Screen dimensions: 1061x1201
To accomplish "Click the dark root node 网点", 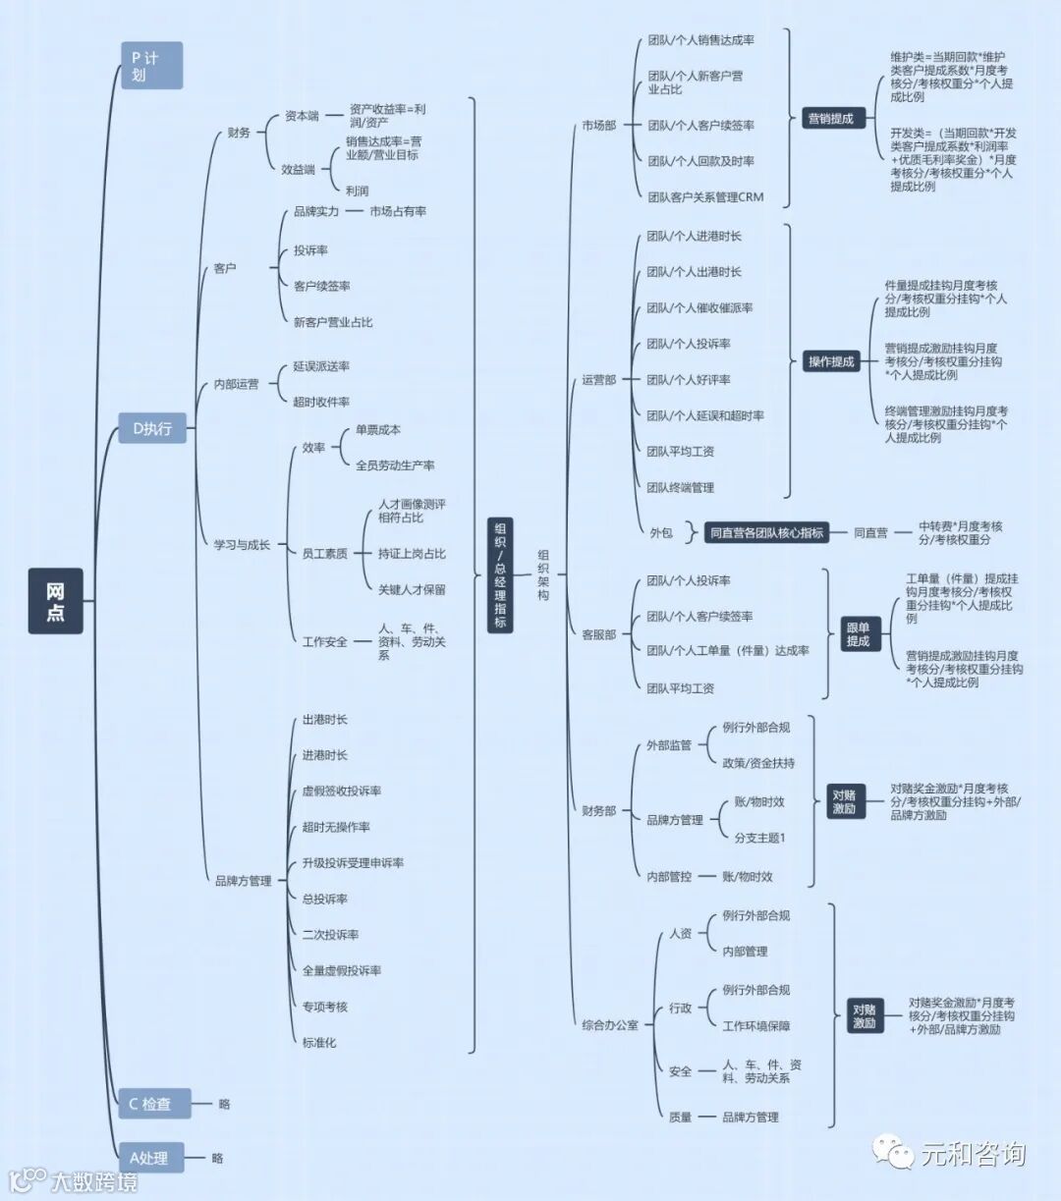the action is (55, 600).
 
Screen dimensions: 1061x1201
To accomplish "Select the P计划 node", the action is (151, 66).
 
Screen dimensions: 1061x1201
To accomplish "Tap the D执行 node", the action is (152, 428).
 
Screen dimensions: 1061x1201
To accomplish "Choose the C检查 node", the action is (152, 1104).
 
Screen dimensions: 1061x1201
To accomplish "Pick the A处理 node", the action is (150, 1158).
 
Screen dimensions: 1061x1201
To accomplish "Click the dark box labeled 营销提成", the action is (830, 119).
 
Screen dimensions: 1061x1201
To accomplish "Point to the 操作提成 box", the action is (831, 361).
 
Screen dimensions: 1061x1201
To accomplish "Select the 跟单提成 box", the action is (858, 634).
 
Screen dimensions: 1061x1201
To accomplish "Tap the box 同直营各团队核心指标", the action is (765, 532).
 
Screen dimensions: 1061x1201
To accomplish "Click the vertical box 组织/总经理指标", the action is (500, 574).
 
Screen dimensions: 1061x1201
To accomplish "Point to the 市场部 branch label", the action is (598, 126).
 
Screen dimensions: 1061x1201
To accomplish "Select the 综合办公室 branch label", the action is (609, 1025).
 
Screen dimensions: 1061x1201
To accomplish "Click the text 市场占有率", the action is (398, 211).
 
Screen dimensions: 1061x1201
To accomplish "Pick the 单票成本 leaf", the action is (378, 430).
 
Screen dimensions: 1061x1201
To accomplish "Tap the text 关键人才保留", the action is (412, 589).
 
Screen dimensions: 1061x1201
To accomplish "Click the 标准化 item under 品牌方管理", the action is (319, 1042).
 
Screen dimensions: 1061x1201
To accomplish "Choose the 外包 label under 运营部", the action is (661, 532).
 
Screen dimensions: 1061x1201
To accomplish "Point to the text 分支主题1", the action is (760, 838).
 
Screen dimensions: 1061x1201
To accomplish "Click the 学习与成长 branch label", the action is (242, 544).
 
